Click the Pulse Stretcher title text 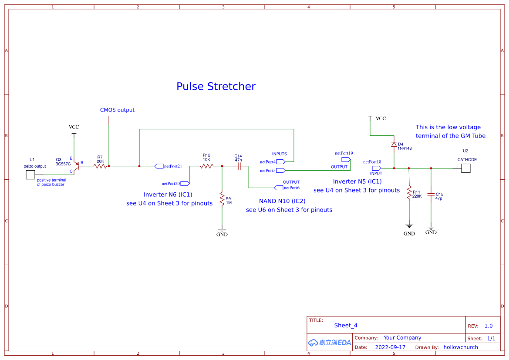[x=216, y=86]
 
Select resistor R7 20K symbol [x=100, y=166]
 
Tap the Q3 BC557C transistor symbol [x=77, y=166]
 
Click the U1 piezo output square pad [x=30, y=175]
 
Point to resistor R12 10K [x=206, y=166]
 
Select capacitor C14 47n [x=239, y=166]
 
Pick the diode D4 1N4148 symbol [x=394, y=144]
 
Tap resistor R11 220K [x=409, y=192]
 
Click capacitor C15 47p [x=431, y=194]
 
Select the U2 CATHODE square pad [x=466, y=168]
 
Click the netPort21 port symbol [x=159, y=166]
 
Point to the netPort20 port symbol [x=185, y=183]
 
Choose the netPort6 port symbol [x=279, y=188]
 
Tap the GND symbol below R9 [x=222, y=230]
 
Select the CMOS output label [x=117, y=110]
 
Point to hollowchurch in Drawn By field [x=461, y=347]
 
